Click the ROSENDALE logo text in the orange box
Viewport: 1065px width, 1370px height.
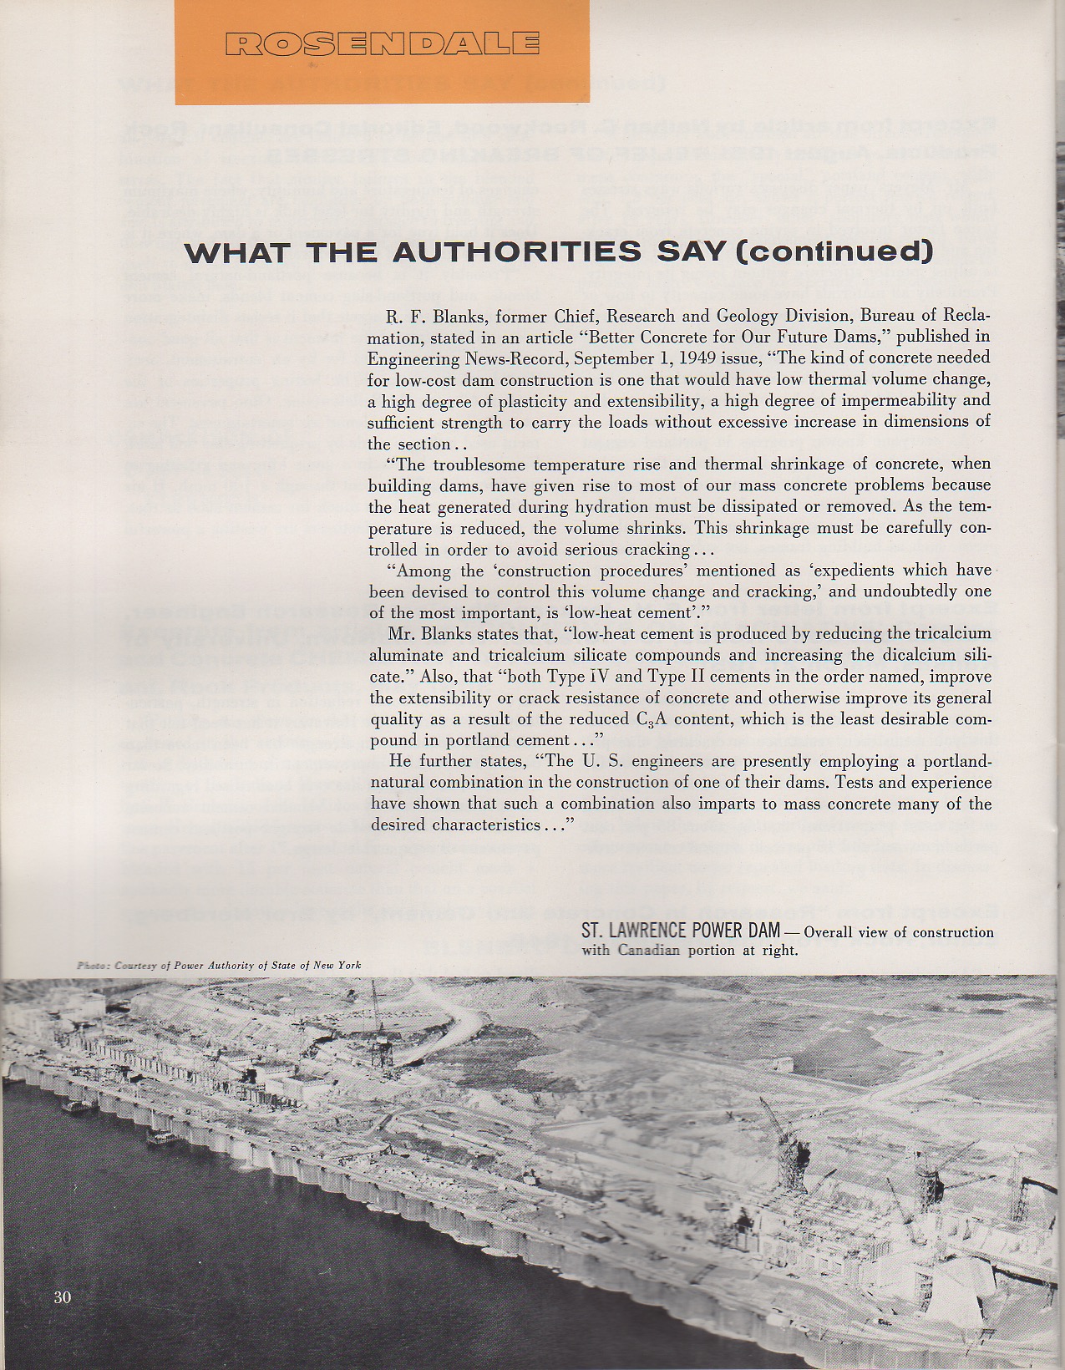(381, 43)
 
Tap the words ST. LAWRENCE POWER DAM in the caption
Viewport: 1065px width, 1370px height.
(680, 930)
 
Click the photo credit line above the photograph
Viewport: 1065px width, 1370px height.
(219, 966)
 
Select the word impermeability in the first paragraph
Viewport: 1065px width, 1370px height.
(895, 401)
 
